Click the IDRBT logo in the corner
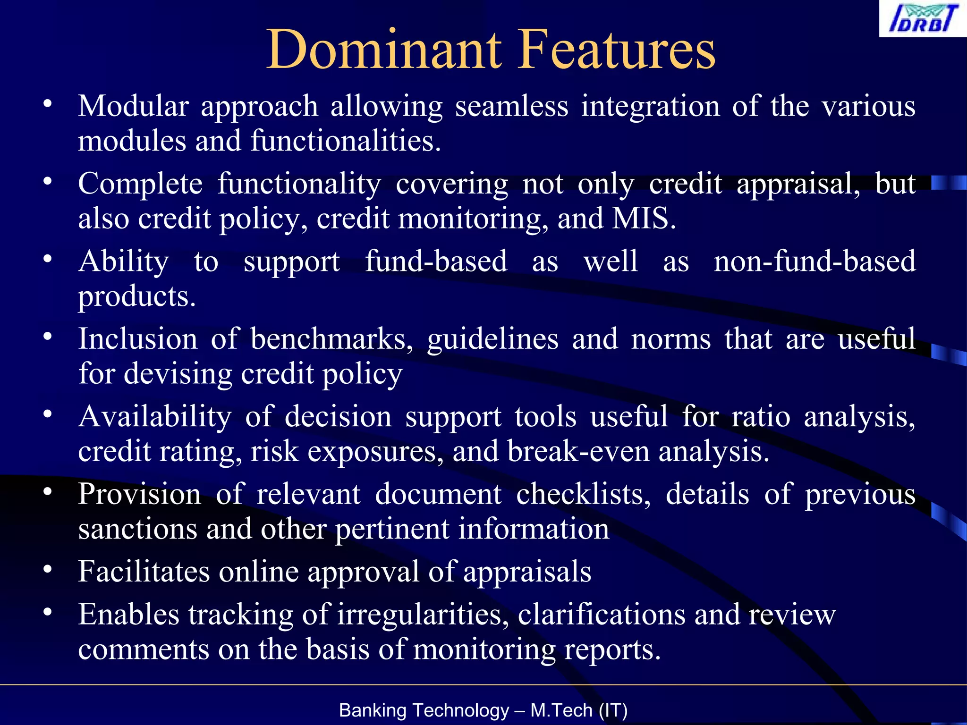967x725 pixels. [x=923, y=19]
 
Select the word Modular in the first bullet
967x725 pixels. [x=133, y=106]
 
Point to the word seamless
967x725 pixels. [x=511, y=106]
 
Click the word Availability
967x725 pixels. [x=155, y=417]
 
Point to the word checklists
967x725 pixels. [x=583, y=494]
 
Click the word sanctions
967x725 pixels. [x=137, y=529]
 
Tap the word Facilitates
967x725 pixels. [x=144, y=572]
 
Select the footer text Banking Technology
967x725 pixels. [x=424, y=710]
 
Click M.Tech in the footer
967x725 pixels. [x=561, y=710]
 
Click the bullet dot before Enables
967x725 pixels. [x=47, y=612]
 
